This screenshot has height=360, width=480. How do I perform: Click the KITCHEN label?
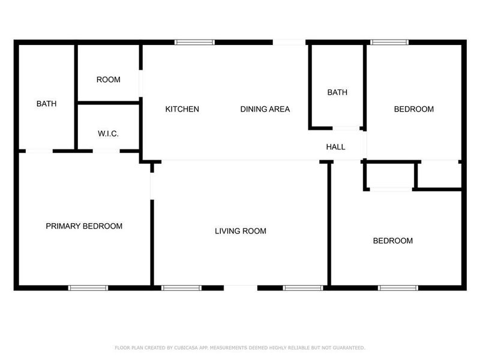182,109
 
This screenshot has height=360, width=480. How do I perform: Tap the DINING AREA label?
265,109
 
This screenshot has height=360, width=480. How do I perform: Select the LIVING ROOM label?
241,231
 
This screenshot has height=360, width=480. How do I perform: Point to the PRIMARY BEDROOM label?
84,226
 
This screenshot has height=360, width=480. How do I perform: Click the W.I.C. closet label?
108,133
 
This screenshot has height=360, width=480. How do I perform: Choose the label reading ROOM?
108,80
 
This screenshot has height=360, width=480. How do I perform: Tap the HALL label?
335,147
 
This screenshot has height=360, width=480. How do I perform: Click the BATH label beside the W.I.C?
46,104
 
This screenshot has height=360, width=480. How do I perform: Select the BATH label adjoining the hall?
337,92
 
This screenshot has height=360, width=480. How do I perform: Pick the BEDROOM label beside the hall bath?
413,109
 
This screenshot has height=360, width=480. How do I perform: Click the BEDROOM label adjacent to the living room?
392,241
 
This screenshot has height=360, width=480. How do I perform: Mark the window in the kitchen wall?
194,42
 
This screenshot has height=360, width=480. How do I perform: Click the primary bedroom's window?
88,288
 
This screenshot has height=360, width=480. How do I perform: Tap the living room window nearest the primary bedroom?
181,288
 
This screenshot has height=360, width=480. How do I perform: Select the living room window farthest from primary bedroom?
302,288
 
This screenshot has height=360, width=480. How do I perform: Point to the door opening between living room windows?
241,288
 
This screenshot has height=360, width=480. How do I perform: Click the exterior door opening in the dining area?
289,42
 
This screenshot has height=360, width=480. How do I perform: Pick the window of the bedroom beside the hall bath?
389,42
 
